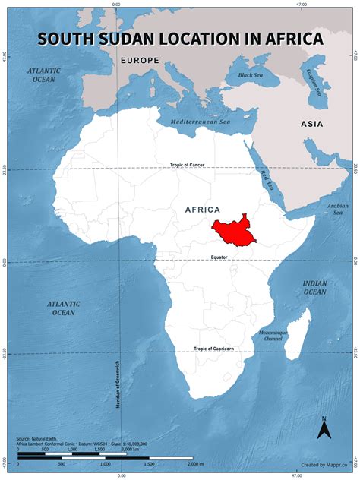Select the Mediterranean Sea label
201,122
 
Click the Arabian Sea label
336,208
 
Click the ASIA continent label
311,124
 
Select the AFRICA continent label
202,209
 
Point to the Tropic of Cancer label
188,164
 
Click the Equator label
220,257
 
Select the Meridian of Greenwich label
120,384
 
